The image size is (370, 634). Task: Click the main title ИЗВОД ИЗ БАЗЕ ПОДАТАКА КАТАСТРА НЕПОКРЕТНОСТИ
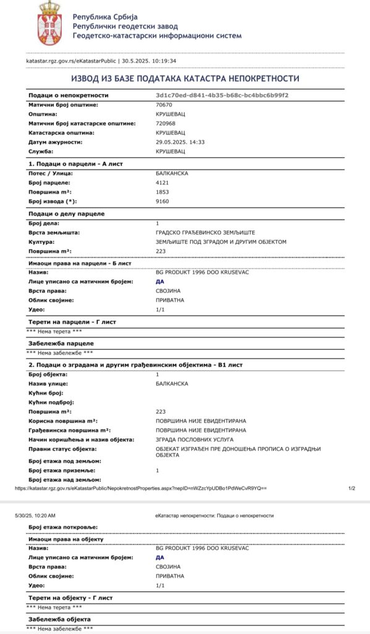pyautogui.click(x=185, y=79)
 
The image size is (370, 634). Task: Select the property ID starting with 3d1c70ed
pyautogui.click(x=222, y=95)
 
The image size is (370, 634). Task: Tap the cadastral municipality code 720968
pyautogui.click(x=165, y=124)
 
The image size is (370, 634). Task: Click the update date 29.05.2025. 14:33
pyautogui.click(x=180, y=142)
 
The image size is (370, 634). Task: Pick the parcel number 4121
pyautogui.click(x=162, y=183)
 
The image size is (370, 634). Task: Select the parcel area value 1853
pyautogui.click(x=162, y=192)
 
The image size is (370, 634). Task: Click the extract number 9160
pyautogui.click(x=162, y=201)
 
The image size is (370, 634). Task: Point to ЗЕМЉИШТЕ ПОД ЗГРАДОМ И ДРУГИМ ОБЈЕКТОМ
pyautogui.click(x=221, y=241)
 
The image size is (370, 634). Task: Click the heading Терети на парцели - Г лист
pyautogui.click(x=72, y=322)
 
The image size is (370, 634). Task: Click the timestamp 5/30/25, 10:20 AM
pyautogui.click(x=35, y=515)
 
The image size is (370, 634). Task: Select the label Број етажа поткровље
pyautogui.click(x=62, y=527)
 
